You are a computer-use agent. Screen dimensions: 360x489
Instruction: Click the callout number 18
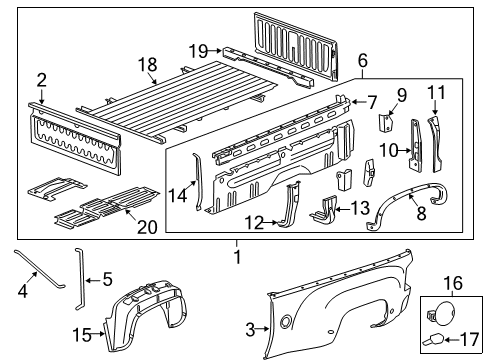click(146, 64)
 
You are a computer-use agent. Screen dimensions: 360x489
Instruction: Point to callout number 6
click(363, 60)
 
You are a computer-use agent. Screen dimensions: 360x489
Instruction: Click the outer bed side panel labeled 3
click(340, 310)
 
